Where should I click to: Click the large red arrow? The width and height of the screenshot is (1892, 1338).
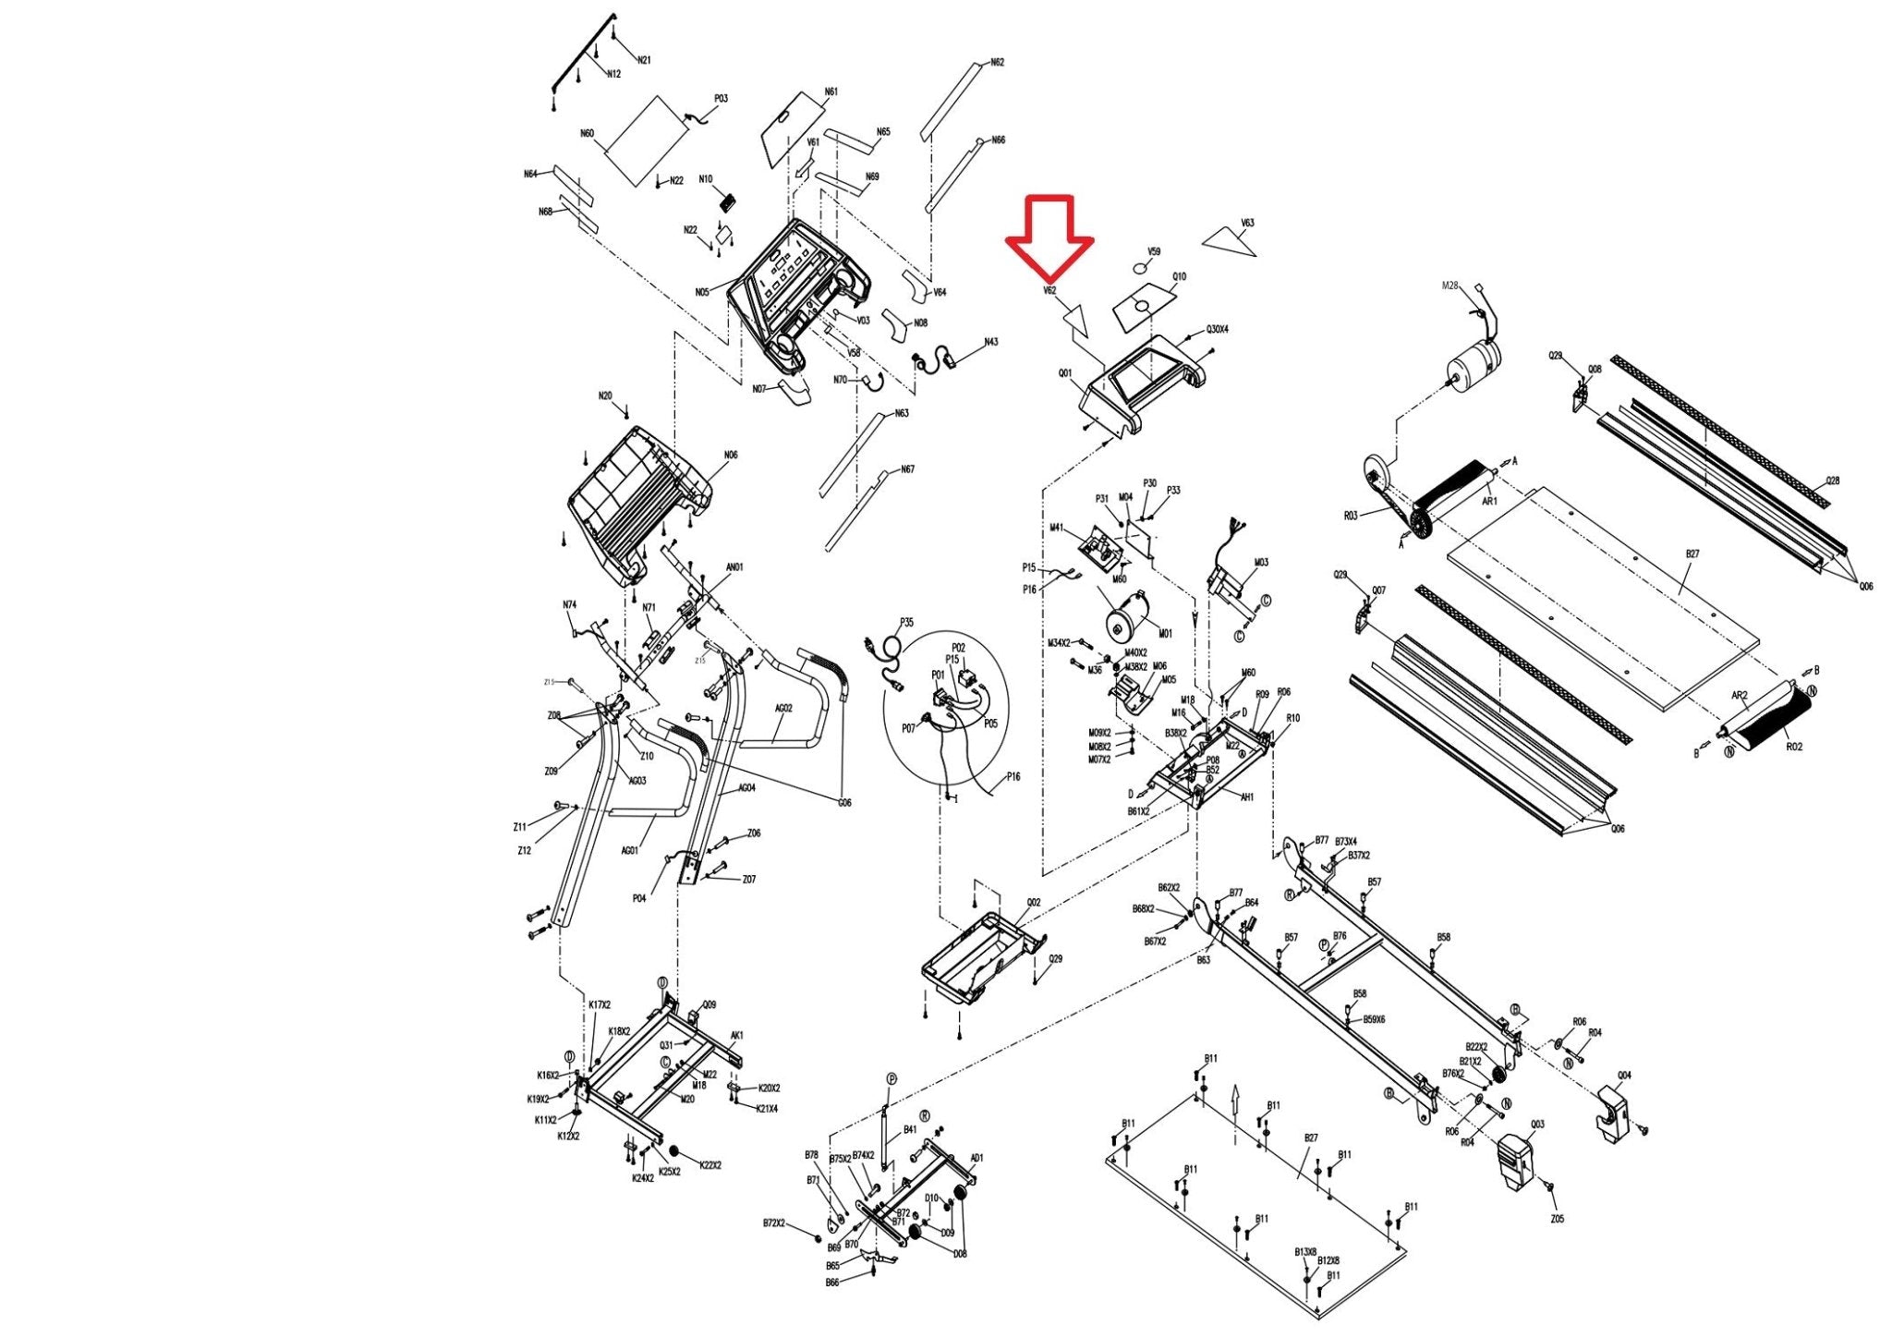pyautogui.click(x=1049, y=236)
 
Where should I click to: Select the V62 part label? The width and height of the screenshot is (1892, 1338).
pyautogui.click(x=1049, y=290)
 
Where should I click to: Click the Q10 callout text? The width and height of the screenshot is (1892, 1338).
pyautogui.click(x=1179, y=276)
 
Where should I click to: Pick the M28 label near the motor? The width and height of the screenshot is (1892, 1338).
pyautogui.click(x=1449, y=286)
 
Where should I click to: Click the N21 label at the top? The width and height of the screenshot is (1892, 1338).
pyautogui.click(x=644, y=60)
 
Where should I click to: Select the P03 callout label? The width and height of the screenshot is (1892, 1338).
pyautogui.click(x=721, y=99)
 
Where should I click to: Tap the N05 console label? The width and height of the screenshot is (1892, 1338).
pyautogui.click(x=702, y=293)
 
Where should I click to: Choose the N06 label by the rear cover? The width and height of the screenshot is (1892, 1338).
pyautogui.click(x=731, y=456)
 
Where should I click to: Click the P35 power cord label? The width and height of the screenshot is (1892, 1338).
pyautogui.click(x=906, y=623)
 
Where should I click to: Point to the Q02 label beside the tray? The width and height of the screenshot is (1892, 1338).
pyautogui.click(x=1033, y=903)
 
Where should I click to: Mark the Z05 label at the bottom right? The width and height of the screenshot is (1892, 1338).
pyautogui.click(x=1557, y=1219)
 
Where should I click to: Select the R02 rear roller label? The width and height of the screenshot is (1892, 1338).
pyautogui.click(x=1793, y=747)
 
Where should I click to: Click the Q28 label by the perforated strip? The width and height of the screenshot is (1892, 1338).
pyautogui.click(x=1833, y=481)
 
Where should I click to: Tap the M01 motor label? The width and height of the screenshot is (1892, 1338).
pyautogui.click(x=1165, y=634)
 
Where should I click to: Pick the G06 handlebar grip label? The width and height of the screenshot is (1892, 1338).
pyautogui.click(x=844, y=803)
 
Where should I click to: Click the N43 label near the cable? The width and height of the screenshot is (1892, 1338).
pyautogui.click(x=990, y=342)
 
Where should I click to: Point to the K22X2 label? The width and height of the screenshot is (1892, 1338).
pyautogui.click(x=710, y=1165)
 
